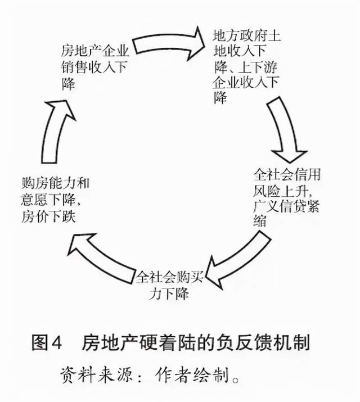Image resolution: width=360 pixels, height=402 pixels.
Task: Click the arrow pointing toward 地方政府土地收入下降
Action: (x=168, y=44)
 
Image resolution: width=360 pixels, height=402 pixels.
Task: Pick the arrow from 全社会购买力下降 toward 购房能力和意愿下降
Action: (x=102, y=259)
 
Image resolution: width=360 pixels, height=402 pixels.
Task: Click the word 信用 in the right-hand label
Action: (x=308, y=175)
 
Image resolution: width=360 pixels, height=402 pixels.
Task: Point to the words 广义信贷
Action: (x=280, y=206)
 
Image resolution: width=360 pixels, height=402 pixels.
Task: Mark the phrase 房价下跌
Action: (x=49, y=216)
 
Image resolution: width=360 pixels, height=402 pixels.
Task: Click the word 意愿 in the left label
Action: (x=35, y=200)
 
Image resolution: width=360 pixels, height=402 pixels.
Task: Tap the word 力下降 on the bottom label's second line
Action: (x=169, y=294)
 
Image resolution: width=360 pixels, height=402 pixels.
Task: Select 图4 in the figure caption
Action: (x=47, y=342)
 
